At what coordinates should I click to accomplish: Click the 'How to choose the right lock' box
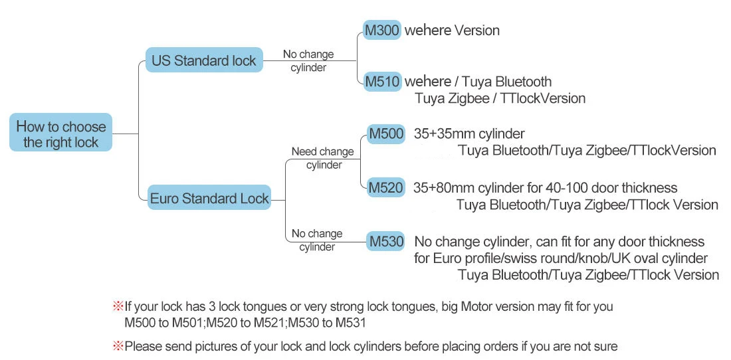coord(60,134)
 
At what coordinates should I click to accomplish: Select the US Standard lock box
coord(203,60)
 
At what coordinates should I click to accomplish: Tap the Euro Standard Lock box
coord(209,198)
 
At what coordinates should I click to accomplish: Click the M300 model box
coord(382,31)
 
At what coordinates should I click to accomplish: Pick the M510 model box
coord(382,82)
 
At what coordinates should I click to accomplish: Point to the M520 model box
coord(386,188)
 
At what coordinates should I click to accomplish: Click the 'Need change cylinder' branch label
coord(323,158)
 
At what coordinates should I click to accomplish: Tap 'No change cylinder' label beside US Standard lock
coord(308,60)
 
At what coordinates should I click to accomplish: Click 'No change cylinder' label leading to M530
coord(317,240)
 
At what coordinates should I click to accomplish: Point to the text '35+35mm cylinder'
coord(469,134)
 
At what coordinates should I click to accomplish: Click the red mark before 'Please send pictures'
coord(118,346)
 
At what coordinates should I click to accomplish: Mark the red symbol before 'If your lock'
coord(118,307)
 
